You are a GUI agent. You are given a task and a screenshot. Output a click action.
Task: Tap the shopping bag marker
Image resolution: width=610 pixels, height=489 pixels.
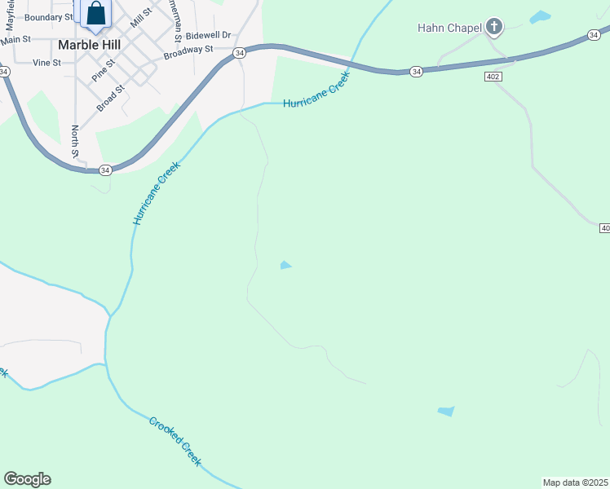[95, 13]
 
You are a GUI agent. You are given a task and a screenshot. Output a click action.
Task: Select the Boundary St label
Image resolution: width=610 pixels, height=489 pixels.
[49, 17]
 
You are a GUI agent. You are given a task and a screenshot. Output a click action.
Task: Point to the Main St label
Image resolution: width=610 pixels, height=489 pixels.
[15, 39]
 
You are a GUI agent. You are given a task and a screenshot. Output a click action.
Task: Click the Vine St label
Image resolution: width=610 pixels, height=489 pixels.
[47, 62]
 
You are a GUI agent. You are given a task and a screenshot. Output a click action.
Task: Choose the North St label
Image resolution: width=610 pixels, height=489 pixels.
[75, 140]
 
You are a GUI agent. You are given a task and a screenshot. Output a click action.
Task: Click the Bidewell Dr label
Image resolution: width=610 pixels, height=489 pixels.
[209, 36]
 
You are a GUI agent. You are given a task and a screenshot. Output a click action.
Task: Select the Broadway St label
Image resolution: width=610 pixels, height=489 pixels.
[188, 52]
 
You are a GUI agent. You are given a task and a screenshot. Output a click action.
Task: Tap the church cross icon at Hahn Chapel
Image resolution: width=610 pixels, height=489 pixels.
[493, 28]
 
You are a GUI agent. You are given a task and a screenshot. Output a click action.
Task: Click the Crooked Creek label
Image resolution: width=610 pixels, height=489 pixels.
[175, 440]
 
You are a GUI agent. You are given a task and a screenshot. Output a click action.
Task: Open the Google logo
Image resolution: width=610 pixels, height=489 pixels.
[27, 479]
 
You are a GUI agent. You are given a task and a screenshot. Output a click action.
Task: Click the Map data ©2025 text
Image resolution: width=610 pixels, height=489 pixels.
[575, 482]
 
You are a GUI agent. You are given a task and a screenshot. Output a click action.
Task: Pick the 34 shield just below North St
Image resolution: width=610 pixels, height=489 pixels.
[105, 170]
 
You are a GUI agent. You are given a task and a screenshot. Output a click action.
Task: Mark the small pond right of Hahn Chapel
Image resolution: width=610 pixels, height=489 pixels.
[540, 16]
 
